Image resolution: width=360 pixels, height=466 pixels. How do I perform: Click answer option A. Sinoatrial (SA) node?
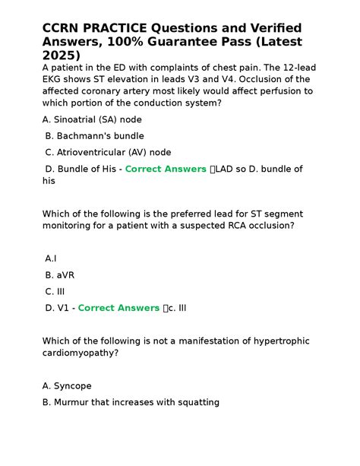[x=93, y=120]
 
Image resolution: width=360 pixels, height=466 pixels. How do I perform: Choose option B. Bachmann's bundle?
[x=93, y=136]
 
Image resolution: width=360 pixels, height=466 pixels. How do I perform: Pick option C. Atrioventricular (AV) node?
[x=108, y=152]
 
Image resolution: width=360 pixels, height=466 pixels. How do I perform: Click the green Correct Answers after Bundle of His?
[x=166, y=169]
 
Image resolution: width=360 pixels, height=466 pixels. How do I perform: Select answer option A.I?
[x=51, y=259]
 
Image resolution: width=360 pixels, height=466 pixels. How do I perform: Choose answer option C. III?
[x=55, y=291]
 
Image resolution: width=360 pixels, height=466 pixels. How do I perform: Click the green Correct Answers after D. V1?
[x=118, y=308]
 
